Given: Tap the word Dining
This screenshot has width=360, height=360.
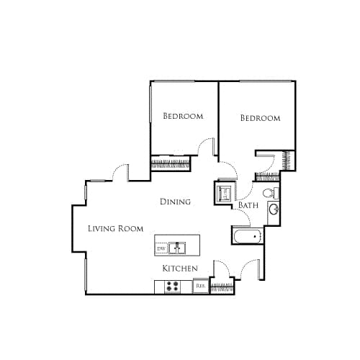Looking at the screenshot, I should point(175,202).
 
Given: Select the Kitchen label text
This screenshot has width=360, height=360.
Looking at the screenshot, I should point(180,269).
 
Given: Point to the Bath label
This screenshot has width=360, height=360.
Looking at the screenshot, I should point(248,206).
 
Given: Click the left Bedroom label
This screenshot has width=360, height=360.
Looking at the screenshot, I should point(182,116).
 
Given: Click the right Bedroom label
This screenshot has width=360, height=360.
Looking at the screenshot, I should point(260,118).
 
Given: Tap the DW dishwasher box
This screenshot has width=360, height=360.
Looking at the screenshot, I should point(161,248).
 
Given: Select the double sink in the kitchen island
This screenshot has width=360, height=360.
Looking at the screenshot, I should point(178,248).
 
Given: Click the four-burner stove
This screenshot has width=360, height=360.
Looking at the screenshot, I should point(173,287).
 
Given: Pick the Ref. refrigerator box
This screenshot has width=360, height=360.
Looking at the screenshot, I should point(201,287).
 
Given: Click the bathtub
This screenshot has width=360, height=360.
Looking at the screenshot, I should point(246,235).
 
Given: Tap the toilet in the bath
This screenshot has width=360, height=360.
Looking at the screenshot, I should point(269,193).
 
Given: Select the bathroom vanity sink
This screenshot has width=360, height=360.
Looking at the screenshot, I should point(274,210).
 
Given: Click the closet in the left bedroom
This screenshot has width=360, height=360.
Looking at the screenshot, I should point(170,164).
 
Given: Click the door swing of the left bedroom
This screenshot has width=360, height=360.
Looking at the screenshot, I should point(208,147).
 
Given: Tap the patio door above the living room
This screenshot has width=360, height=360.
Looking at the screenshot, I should point(118,172).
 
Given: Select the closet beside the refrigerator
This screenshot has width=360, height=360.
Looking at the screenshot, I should point(221,287).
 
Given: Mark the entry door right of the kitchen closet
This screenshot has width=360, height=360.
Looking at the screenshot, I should point(251,269).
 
